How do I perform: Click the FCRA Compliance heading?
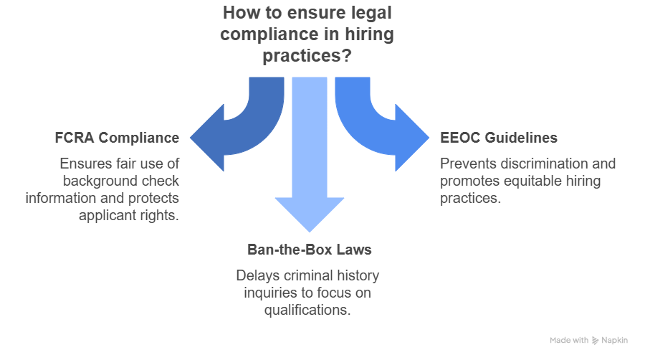coord(117,138)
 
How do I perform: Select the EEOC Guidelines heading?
coord(499,138)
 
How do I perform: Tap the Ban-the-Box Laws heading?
coord(310,250)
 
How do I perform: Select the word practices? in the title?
coord(307,55)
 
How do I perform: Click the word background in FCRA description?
coord(96,181)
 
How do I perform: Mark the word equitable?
coord(532,181)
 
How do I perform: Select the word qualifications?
coord(307,311)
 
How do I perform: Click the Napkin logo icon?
coord(596,341)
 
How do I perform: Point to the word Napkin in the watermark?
coord(615,340)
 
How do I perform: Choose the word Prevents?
coord(466,164)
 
